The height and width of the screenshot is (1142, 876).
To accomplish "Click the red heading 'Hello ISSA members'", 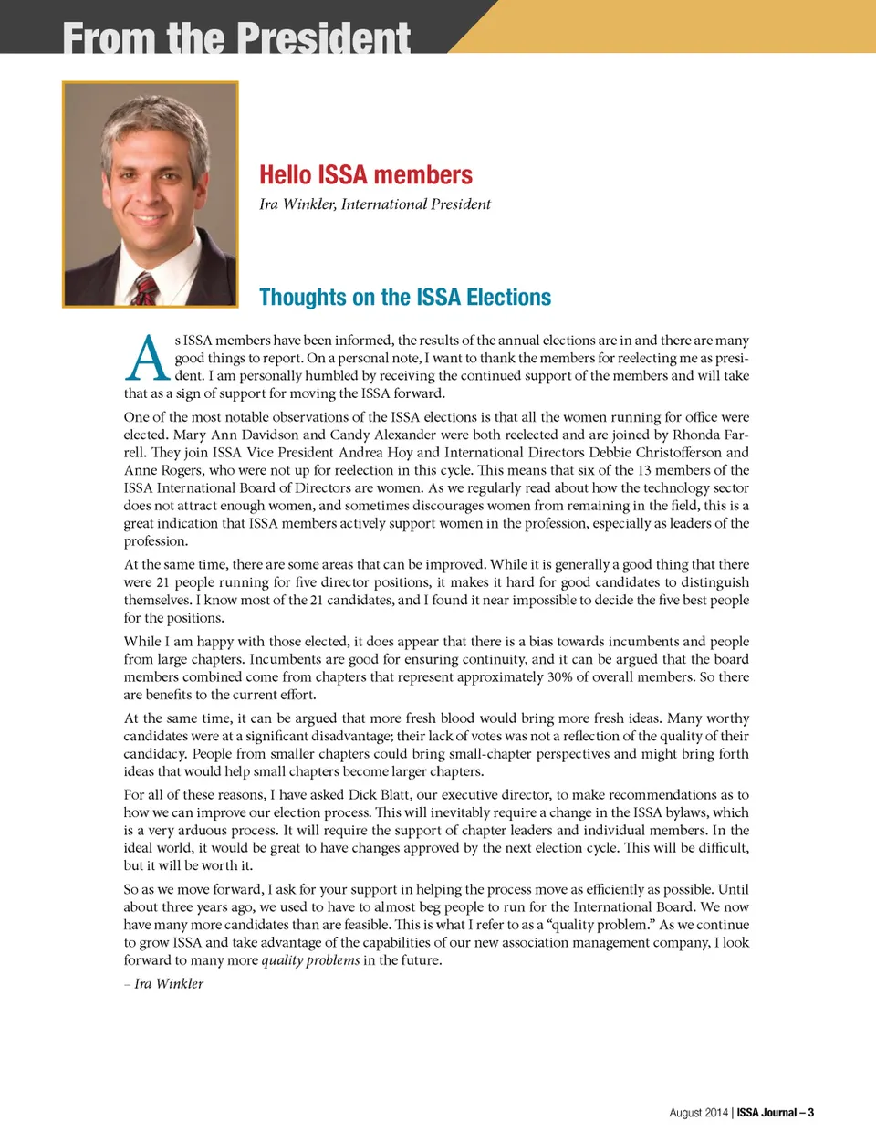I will coord(365,174).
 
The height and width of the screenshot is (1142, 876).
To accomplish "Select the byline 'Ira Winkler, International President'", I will coord(374,204).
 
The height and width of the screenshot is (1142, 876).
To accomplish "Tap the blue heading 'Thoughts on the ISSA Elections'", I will coord(404,298).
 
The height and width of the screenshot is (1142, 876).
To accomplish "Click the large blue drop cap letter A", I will coord(147,358).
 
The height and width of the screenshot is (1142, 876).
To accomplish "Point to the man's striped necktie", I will coord(144,288).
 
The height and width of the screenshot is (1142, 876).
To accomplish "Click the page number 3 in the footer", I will coord(810,1113).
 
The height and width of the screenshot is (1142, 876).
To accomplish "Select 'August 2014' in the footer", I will coord(698,1113).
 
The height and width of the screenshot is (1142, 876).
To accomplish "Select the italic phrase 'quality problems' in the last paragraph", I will coord(310,960).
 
